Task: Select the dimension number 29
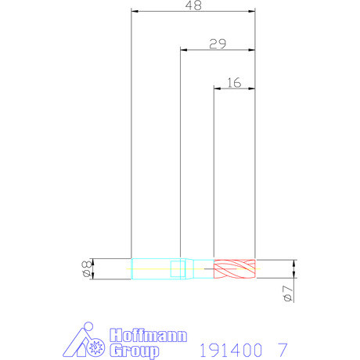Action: click(218, 44)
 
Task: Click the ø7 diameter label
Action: click(286, 293)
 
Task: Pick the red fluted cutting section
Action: click(235, 269)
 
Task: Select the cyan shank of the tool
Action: click(155, 269)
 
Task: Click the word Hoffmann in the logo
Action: click(149, 335)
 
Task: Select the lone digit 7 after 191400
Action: click(282, 348)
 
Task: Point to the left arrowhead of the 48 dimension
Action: click(135, 12)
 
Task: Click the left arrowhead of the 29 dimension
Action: click(184, 50)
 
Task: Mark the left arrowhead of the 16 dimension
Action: click(218, 88)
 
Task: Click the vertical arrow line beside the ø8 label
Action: click(93, 269)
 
